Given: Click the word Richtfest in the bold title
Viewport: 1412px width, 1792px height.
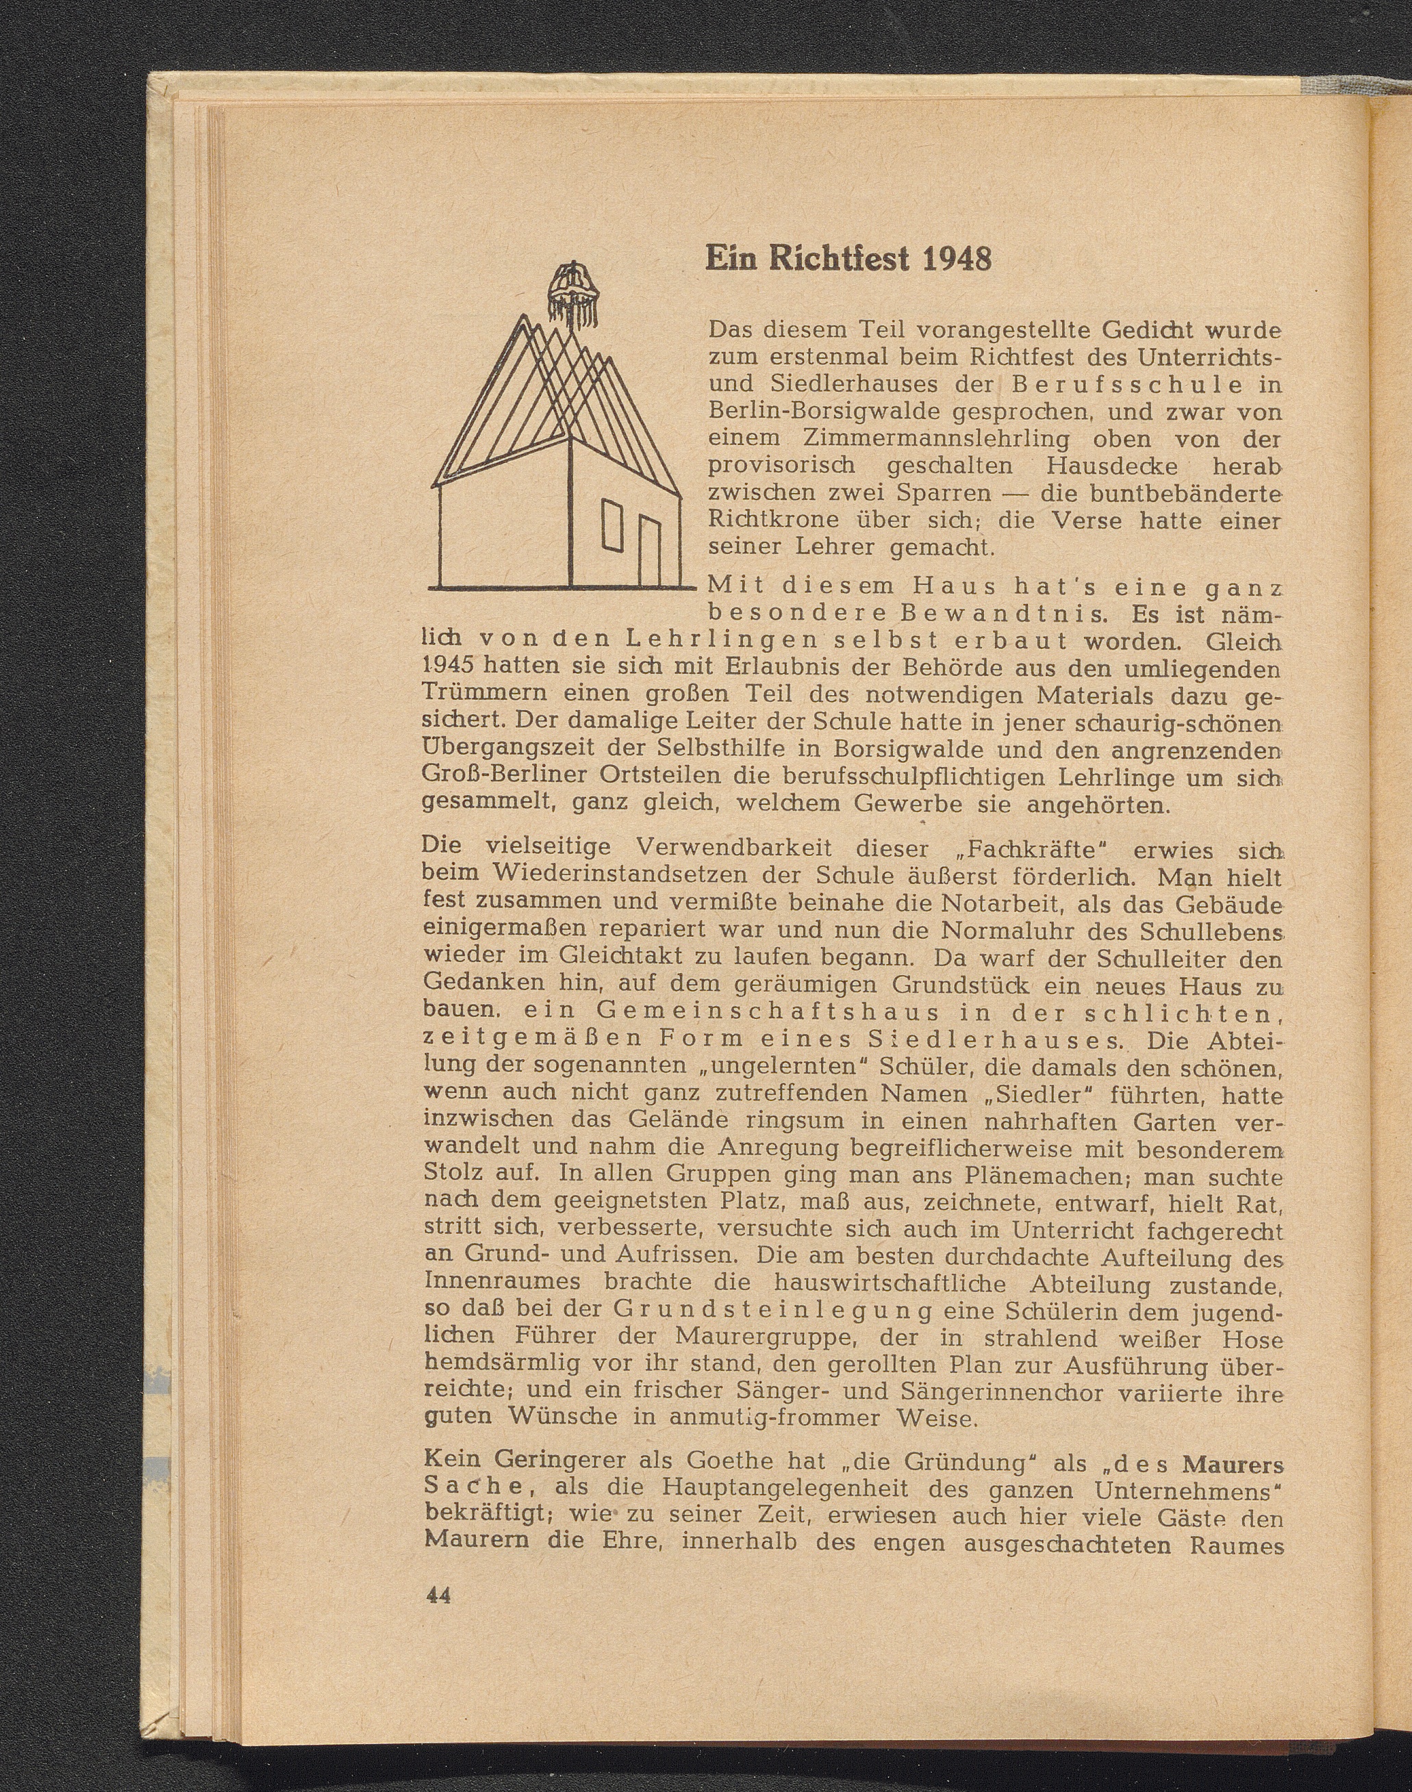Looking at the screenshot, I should click(x=838, y=260).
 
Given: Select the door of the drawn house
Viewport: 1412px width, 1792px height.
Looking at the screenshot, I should click(x=651, y=551).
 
